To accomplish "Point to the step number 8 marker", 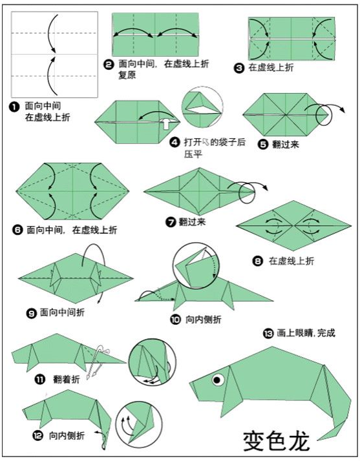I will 258,261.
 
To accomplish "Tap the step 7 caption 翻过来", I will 192,222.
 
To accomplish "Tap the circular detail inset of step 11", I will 153,364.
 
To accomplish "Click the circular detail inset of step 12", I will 140,423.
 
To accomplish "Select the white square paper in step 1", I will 54,54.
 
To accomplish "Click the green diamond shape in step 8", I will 293,224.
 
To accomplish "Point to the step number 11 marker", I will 39,380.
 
